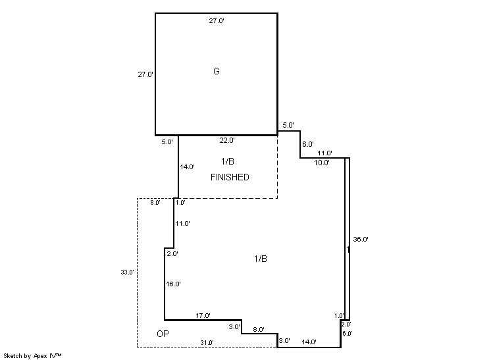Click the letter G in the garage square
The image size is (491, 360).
click(217, 71)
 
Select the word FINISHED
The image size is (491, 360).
click(230, 177)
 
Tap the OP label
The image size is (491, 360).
click(163, 334)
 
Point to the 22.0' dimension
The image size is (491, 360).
click(227, 140)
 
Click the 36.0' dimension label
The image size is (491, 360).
click(361, 239)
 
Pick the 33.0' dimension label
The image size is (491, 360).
click(127, 272)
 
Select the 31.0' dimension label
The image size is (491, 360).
click(207, 343)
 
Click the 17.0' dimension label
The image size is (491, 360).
click(203, 315)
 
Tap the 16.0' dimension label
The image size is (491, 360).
click(174, 284)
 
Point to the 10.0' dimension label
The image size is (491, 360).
click(322, 163)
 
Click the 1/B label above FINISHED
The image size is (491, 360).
click(228, 161)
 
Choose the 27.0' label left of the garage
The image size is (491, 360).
click(145, 74)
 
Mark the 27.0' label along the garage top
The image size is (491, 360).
click(217, 20)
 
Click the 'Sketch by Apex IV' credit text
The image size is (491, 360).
click(32, 356)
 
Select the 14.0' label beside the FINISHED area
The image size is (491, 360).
click(188, 167)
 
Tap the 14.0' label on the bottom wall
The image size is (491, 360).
click(309, 342)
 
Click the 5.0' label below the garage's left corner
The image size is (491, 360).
click(167, 141)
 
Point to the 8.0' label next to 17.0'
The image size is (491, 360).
click(259, 329)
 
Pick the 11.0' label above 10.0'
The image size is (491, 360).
click(324, 153)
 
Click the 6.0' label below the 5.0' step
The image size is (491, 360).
click(308, 144)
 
